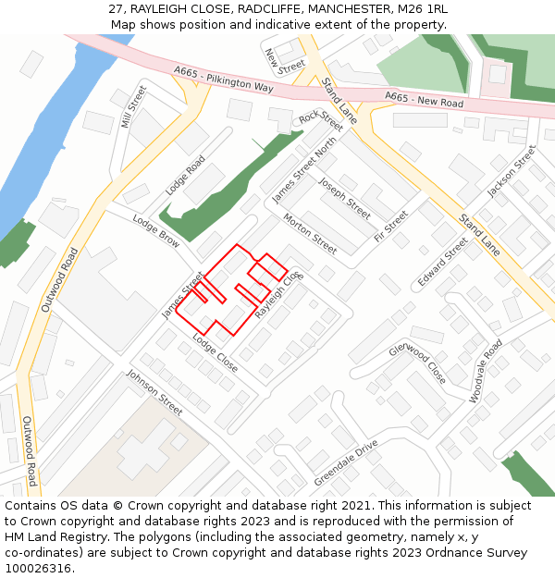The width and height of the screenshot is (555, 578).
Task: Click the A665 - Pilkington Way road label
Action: (x=223, y=79)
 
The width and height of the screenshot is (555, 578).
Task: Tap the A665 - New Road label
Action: (x=424, y=99)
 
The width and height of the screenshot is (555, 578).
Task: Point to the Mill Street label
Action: (x=133, y=106)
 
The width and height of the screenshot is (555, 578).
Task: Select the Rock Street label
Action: (x=320, y=121)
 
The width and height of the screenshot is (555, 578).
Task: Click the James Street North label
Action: (x=304, y=171)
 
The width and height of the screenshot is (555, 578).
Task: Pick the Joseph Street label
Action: (x=344, y=197)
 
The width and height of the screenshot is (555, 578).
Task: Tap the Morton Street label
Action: (x=310, y=234)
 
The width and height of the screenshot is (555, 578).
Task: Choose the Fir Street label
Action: (x=390, y=227)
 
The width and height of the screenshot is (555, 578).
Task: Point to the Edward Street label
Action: (x=443, y=264)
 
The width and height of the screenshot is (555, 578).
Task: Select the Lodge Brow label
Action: (x=156, y=231)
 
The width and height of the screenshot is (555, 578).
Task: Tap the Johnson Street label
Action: (x=154, y=392)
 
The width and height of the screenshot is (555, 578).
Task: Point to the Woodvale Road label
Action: (x=486, y=371)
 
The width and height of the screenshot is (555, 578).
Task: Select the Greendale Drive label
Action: (x=346, y=463)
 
